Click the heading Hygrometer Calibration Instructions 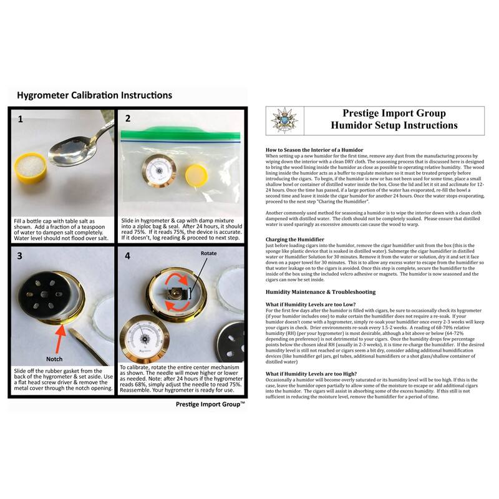pos(94,96)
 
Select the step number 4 pos(128,256)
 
